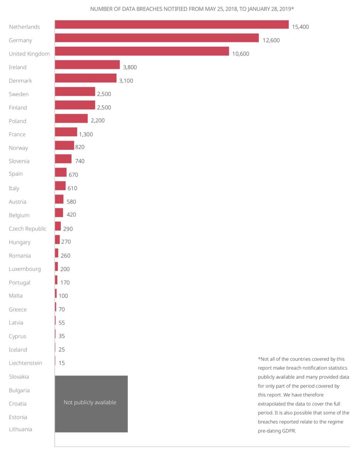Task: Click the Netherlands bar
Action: click(172, 25)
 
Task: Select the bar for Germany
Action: click(157, 38)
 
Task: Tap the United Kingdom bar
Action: click(142, 52)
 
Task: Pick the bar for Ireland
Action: click(87, 65)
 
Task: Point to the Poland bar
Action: click(71, 118)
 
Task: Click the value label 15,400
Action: click(300, 27)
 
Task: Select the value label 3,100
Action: click(126, 81)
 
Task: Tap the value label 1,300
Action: click(86, 134)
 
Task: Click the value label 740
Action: click(80, 161)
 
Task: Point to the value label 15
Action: click(62, 363)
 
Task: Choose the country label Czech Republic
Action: click(28, 229)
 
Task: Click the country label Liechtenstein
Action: click(25, 363)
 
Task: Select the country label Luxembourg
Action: click(25, 269)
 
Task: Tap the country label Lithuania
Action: click(20, 429)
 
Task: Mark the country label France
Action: click(17, 134)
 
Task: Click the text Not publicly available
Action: click(90, 402)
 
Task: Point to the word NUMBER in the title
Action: click(101, 9)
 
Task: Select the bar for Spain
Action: click(60, 172)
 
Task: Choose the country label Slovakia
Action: click(19, 376)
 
